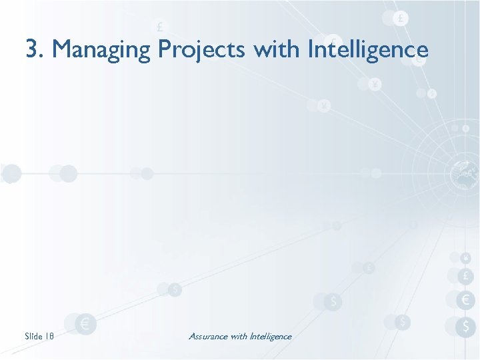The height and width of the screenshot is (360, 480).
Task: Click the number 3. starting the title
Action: [x=35, y=49]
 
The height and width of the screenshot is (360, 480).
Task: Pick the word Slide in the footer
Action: [x=33, y=336]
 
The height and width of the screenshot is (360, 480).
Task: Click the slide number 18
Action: [x=49, y=336]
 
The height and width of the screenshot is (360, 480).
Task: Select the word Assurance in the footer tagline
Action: [x=208, y=336]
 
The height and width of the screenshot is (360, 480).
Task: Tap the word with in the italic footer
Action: [x=239, y=336]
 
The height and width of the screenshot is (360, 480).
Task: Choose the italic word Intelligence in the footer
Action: [x=270, y=336]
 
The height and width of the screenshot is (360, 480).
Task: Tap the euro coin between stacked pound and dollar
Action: [x=465, y=301]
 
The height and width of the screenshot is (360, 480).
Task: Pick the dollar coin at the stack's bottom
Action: [x=465, y=326]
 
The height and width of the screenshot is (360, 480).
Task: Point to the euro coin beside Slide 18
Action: [x=85, y=325]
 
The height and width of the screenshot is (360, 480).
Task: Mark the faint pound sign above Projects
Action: [x=159, y=28]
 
